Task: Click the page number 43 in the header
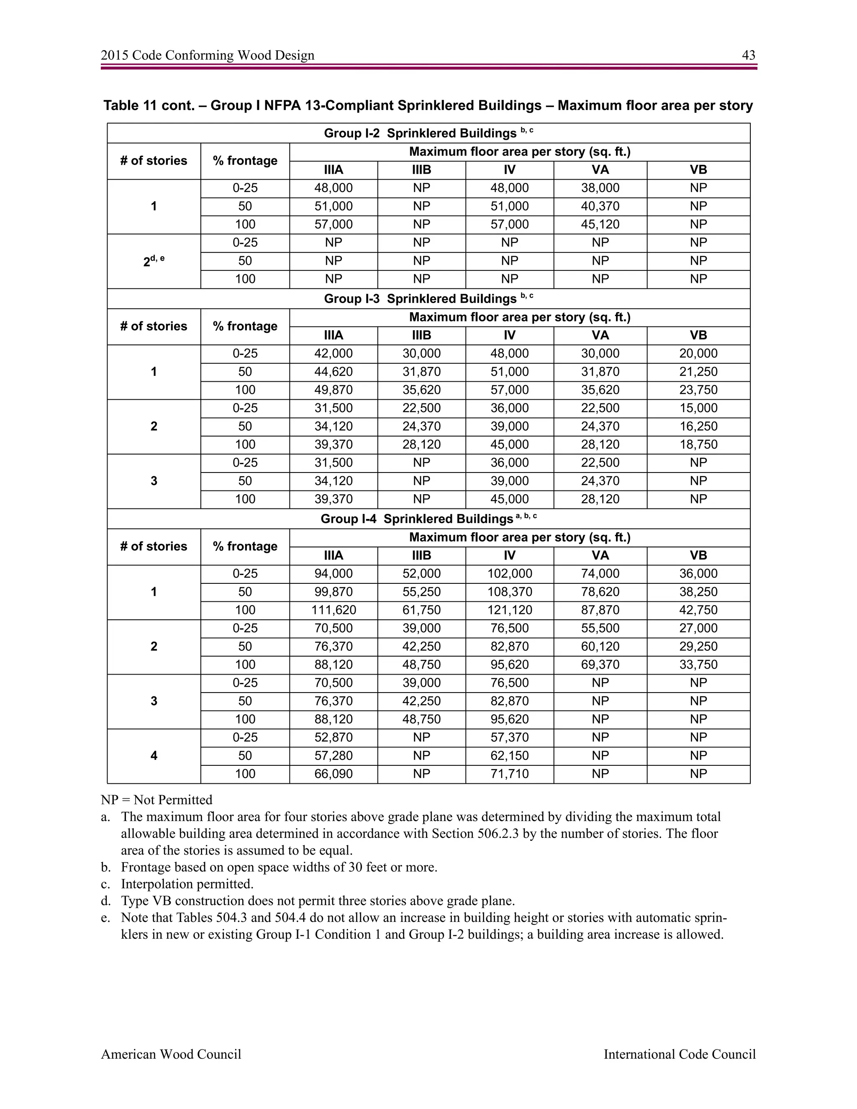(x=748, y=55)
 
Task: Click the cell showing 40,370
(x=600, y=206)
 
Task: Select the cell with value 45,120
(x=600, y=224)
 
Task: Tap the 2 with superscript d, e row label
(x=154, y=261)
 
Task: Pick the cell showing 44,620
(x=334, y=372)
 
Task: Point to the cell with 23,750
(x=698, y=390)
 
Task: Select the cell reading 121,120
(x=509, y=610)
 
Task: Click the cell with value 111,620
(x=334, y=610)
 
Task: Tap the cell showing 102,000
(x=509, y=574)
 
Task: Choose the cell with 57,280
(x=334, y=755)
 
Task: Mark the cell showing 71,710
(x=509, y=774)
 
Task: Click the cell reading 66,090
(x=334, y=774)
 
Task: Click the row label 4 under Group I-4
(x=154, y=755)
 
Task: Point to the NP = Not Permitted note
(x=157, y=800)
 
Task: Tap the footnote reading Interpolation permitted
(x=187, y=883)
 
